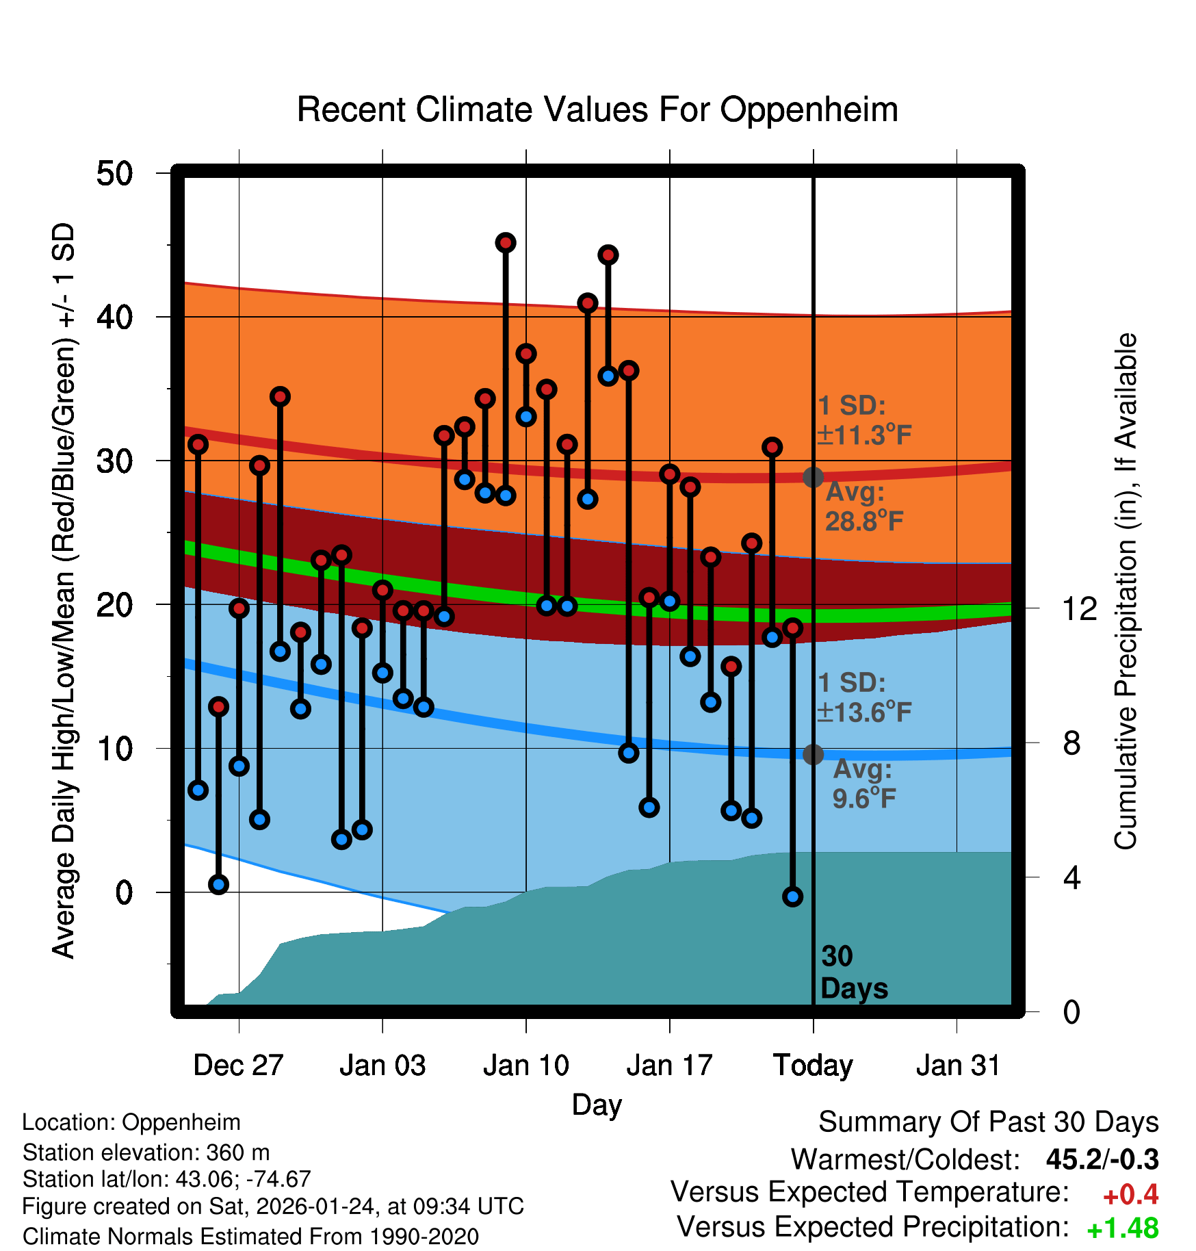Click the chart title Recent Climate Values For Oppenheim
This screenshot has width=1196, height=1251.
coord(597,110)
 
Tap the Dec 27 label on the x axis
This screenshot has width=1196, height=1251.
coord(238,1066)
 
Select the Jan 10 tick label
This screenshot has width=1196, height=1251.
coord(525,1066)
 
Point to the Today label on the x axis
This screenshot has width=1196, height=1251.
coord(813,1066)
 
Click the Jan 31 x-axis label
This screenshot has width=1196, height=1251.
coord(958,1066)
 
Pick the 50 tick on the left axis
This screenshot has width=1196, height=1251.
coord(114,174)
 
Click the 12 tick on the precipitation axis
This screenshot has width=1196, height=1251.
coord(1080,608)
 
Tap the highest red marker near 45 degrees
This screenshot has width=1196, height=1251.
coord(506,243)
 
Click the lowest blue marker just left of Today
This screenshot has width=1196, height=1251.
coord(792,897)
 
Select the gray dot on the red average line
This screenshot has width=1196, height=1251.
coord(813,477)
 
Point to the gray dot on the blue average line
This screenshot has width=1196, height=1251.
coord(813,754)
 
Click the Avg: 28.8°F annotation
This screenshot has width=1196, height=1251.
coord(863,507)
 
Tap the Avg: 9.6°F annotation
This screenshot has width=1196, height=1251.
coord(863,784)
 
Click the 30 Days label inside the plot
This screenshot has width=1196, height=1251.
coord(853,972)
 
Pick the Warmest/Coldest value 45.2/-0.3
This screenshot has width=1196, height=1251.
coord(1102,1159)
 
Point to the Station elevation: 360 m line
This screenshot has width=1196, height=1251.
coord(146,1152)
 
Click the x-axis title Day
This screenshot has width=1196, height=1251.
coord(597,1105)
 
